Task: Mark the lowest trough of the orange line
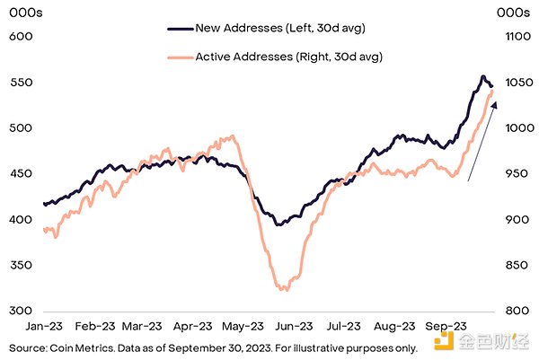[x=284, y=290]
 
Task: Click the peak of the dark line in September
[x=482, y=76]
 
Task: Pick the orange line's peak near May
[x=233, y=136]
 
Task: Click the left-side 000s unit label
[x=22, y=12]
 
